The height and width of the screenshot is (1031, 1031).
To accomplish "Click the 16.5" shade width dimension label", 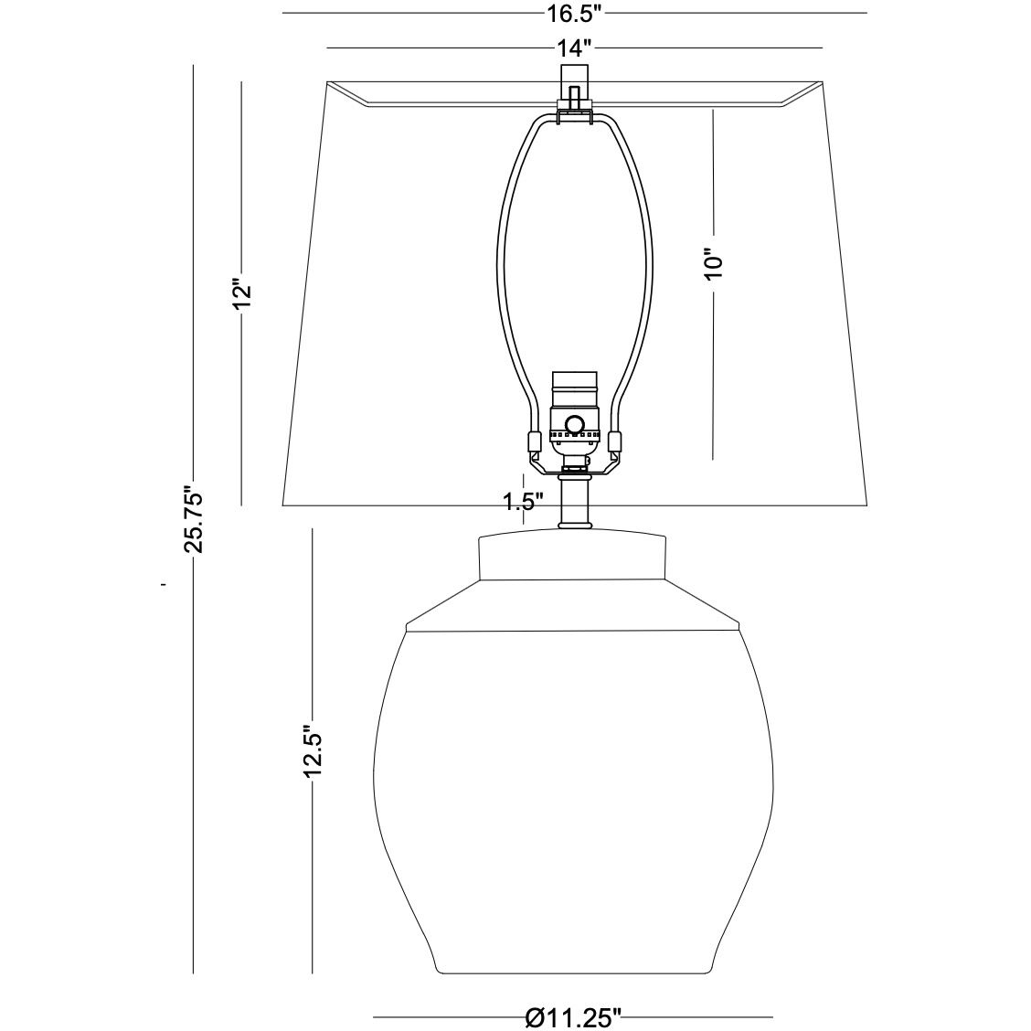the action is [x=575, y=13].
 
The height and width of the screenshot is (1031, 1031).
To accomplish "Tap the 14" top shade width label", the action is [x=575, y=48].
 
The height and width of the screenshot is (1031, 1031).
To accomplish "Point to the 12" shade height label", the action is [x=242, y=299].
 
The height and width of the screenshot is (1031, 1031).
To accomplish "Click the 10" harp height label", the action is [x=714, y=264].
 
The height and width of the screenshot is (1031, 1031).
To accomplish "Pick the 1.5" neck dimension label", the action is [x=524, y=502].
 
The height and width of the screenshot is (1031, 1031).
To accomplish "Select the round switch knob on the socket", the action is [x=575, y=424].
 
